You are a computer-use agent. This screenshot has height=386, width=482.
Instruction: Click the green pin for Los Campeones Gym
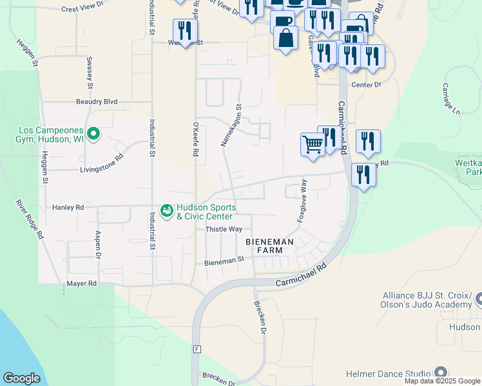93,134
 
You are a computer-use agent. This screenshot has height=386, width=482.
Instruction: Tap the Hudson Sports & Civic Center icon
166,211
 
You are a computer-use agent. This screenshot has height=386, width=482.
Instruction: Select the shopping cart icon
313,143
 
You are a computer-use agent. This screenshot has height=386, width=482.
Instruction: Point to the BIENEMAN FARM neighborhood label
269,246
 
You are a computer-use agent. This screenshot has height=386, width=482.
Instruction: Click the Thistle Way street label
224,229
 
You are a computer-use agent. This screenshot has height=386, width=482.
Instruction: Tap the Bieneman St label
225,261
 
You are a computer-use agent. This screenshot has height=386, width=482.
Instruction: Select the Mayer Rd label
81,283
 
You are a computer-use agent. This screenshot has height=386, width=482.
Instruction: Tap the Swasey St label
90,73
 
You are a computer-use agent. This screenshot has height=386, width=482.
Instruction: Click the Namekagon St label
231,126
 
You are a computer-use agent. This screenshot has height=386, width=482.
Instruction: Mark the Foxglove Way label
302,202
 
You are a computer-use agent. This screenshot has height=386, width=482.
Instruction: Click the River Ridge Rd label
30,219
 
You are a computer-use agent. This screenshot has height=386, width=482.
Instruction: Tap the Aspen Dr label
99,245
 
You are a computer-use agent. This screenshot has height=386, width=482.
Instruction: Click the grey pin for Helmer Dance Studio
441,372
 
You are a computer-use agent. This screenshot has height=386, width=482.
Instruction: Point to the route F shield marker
197,349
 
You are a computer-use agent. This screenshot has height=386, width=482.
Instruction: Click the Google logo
22,378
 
